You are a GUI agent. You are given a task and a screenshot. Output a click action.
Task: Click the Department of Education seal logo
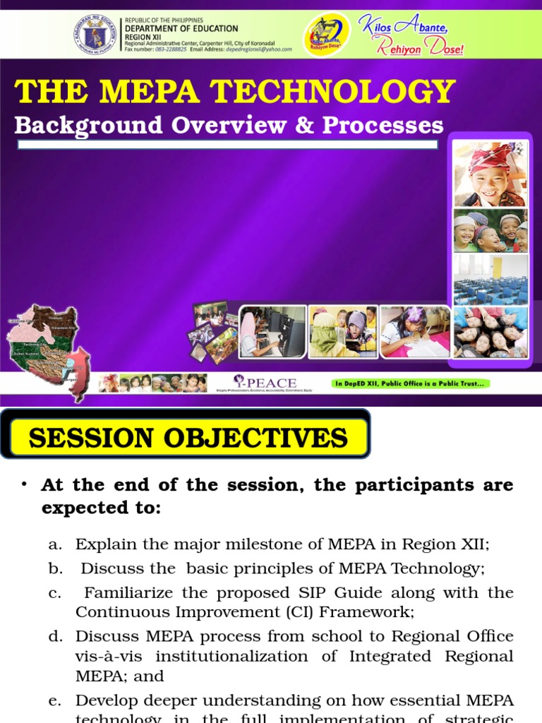pyautogui.click(x=96, y=35)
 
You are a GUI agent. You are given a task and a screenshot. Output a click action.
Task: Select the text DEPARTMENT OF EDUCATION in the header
pyautogui.click(x=181, y=28)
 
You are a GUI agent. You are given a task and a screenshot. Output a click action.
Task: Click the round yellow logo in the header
pyautogui.click(x=325, y=35)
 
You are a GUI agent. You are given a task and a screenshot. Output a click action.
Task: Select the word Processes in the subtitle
pyautogui.click(x=383, y=125)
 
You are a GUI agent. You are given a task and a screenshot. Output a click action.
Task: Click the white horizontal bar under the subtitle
pyautogui.click(x=227, y=145)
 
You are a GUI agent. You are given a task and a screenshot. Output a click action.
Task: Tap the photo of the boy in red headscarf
pyautogui.click(x=490, y=174)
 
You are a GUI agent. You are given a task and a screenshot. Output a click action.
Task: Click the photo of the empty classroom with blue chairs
pyautogui.click(x=490, y=280)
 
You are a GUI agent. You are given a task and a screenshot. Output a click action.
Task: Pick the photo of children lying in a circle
pyautogui.click(x=490, y=332)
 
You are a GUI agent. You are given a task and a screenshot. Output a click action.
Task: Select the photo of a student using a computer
pyautogui.click(x=272, y=331)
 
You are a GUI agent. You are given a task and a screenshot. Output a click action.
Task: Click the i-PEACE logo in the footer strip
pyautogui.click(x=265, y=384)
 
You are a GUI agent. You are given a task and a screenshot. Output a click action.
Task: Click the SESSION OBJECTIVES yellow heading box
pyautogui.click(x=188, y=438)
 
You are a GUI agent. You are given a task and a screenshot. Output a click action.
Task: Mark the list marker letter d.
pyautogui.click(x=55, y=636)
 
